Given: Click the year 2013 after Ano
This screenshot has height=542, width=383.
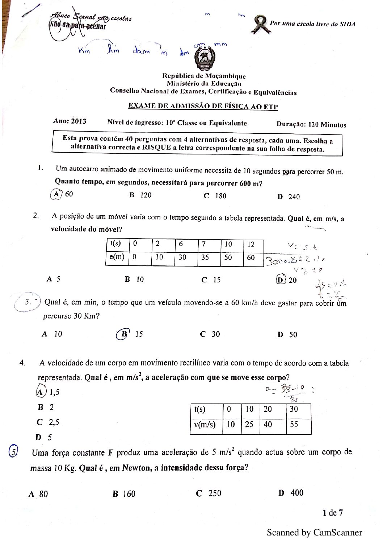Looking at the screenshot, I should click(x=79, y=121).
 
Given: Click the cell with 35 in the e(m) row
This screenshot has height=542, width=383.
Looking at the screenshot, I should click(x=205, y=257).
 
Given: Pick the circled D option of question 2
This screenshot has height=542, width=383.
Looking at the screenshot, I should click(x=281, y=280).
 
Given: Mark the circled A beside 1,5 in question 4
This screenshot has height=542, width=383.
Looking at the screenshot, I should click(x=41, y=392).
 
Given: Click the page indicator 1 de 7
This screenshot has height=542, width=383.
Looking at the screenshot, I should click(x=333, y=513).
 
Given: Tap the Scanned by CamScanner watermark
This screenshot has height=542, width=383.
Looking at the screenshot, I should click(x=314, y=532).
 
